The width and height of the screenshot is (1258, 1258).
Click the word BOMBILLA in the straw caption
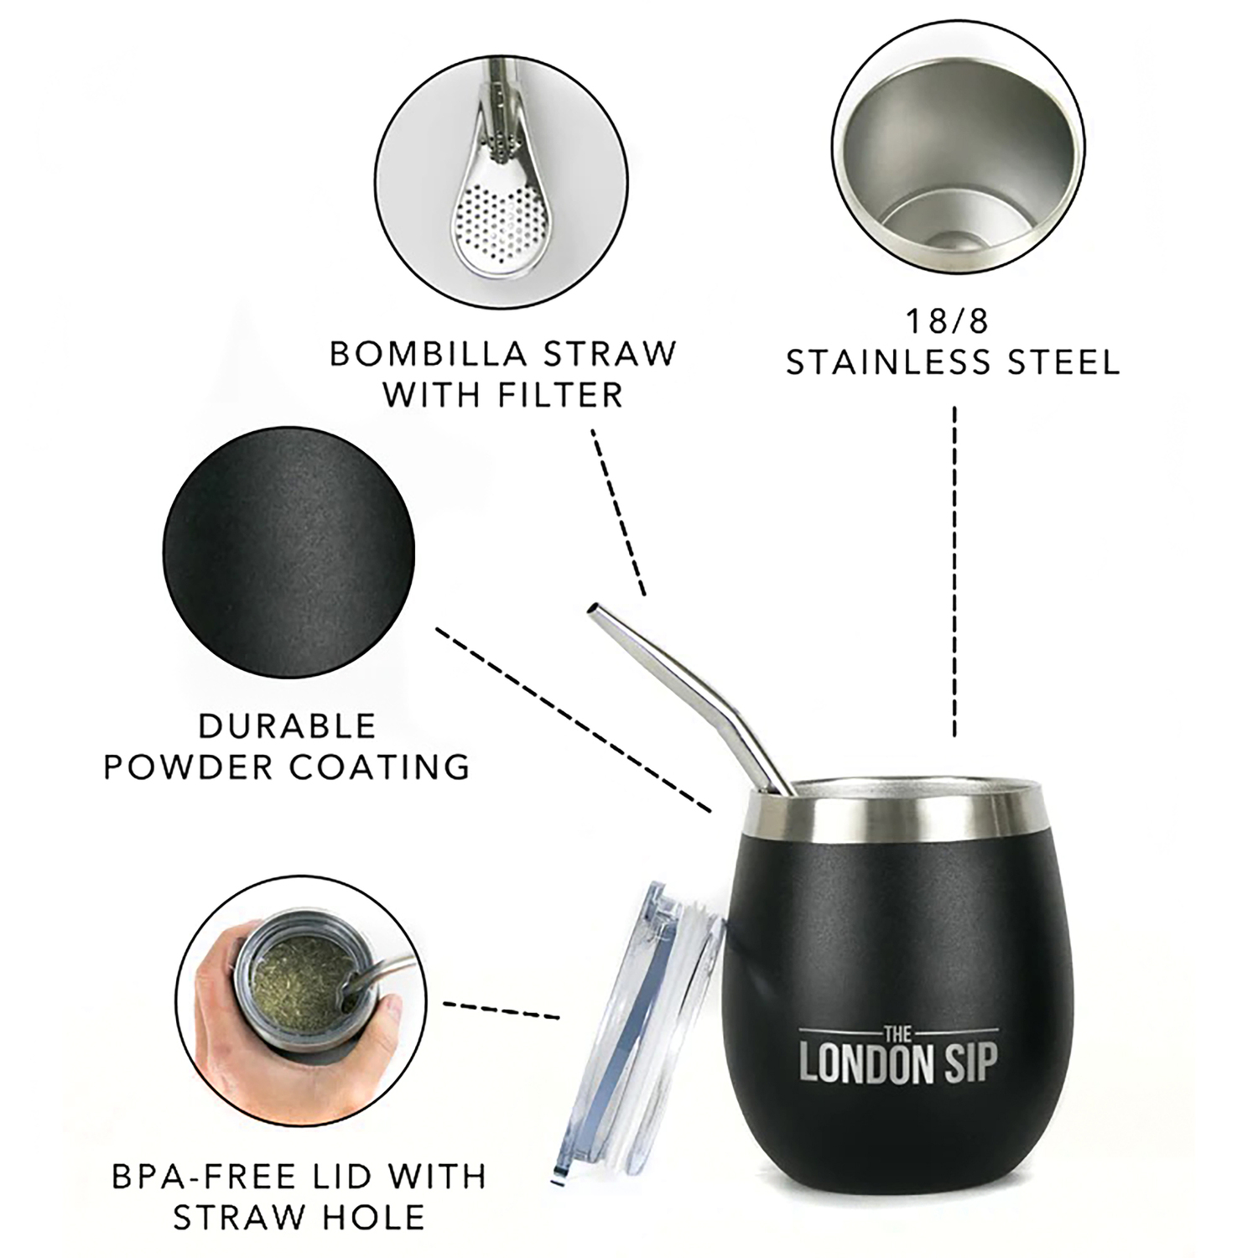427,353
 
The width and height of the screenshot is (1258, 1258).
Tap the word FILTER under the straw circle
559,394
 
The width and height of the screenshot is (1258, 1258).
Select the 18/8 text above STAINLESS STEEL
954,321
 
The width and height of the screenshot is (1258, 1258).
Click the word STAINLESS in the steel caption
892,362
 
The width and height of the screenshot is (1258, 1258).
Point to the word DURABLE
288,725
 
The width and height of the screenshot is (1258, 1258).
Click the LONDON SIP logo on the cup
898,1062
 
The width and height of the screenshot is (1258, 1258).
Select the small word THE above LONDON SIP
898,1032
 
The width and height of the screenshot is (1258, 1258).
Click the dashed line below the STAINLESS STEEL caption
955,574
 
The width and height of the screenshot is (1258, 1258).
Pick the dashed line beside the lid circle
501,1010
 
